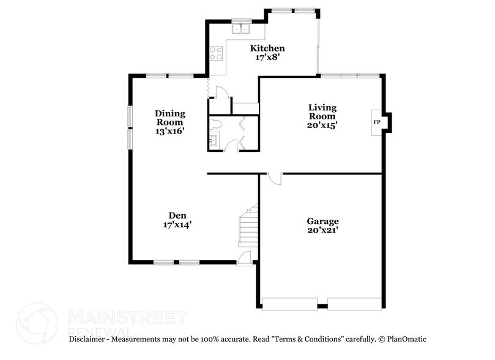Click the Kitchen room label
267,48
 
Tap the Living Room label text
322,112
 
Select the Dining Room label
169,118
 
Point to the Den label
178,215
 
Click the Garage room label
322,221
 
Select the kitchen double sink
241,28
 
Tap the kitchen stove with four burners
215,53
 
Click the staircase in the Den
248,227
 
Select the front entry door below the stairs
244,258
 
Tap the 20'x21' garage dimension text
322,231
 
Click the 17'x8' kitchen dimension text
267,58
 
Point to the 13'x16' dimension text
169,131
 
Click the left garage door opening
289,303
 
